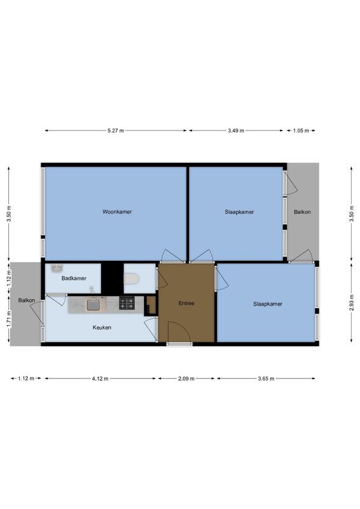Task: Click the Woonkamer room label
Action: click(x=117, y=212)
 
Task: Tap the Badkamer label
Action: click(x=74, y=278)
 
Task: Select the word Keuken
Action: click(x=102, y=327)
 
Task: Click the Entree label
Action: click(x=186, y=303)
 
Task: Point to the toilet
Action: click(x=132, y=279)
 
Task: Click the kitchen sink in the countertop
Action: click(x=93, y=304)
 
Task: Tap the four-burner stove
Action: click(x=127, y=303)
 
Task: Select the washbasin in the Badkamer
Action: click(x=57, y=268)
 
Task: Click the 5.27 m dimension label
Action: click(x=116, y=130)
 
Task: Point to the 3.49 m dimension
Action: click(x=237, y=130)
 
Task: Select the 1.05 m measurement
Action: click(x=300, y=130)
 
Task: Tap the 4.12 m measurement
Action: click(x=99, y=379)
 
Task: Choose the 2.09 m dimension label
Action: click(x=186, y=379)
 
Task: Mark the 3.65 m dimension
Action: click(x=266, y=379)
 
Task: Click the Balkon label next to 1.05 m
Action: click(x=301, y=212)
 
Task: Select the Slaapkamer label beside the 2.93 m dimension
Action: click(x=267, y=303)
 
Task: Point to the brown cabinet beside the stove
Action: click(x=151, y=305)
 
